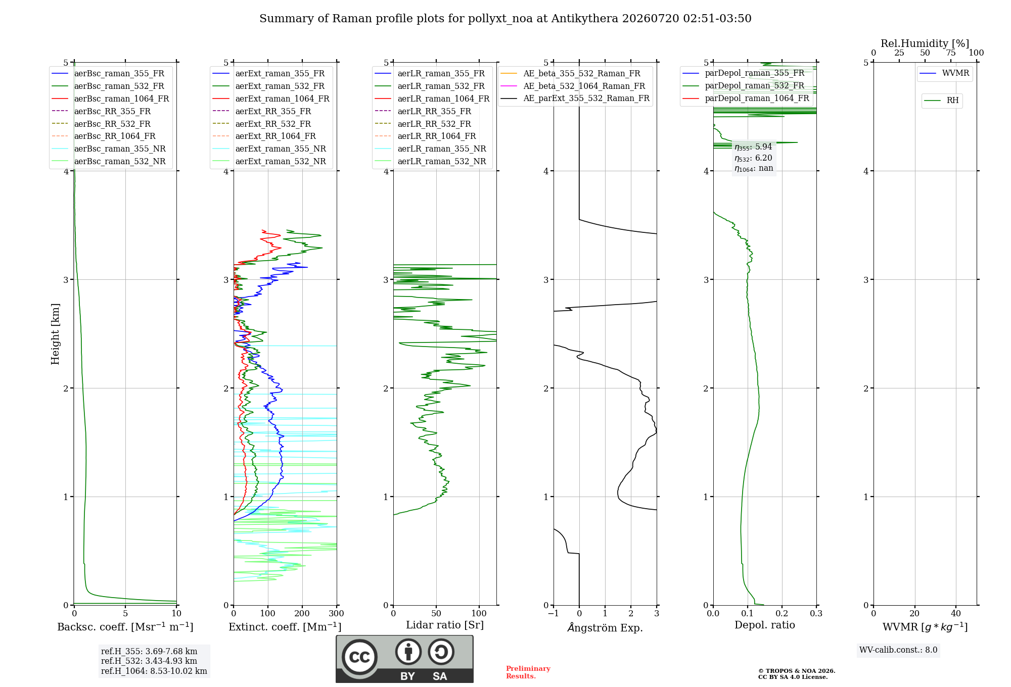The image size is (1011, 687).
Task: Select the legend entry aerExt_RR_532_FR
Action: click(273, 124)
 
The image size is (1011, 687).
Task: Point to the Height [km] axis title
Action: click(55, 334)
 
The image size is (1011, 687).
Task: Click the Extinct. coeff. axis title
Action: click(285, 627)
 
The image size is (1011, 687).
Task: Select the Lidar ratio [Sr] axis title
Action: click(445, 625)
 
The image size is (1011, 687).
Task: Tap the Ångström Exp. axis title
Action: click(605, 627)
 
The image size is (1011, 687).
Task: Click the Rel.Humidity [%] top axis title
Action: click(925, 43)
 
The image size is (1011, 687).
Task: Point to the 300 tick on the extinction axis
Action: click(337, 614)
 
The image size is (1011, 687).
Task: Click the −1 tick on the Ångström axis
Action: click(554, 614)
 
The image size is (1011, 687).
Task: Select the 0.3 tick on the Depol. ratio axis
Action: click(816, 614)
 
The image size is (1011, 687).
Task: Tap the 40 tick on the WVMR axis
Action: click(956, 614)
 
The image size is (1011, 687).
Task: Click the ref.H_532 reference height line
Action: click(149, 661)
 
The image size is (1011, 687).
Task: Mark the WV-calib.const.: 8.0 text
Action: click(898, 650)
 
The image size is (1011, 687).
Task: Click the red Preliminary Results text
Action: click(528, 672)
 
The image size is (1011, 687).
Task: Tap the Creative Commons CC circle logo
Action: click(360, 657)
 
